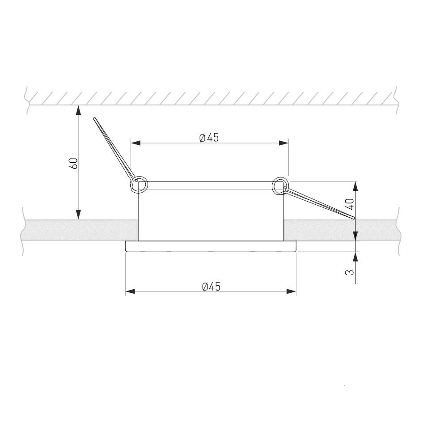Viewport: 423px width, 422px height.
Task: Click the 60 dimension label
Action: click(x=74, y=164)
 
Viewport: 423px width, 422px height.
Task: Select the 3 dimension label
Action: click(x=350, y=272)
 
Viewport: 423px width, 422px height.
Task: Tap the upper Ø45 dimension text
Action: click(x=209, y=138)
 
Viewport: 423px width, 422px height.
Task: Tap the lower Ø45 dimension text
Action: click(x=211, y=287)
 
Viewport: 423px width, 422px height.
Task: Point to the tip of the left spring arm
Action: click(x=94, y=118)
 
